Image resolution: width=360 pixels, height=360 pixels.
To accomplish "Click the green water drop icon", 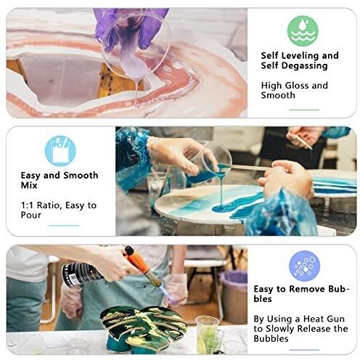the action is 303,31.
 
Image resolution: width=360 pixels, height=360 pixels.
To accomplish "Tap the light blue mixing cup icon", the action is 60,151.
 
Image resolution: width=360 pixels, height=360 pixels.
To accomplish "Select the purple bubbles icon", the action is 304,266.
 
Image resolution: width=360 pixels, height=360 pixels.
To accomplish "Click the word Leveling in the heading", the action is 300,56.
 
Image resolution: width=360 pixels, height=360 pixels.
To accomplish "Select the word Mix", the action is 29,185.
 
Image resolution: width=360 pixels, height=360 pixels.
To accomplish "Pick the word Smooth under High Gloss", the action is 278,95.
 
